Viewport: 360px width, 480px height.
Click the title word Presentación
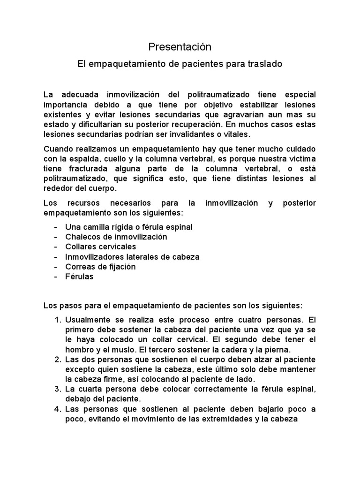[180, 47]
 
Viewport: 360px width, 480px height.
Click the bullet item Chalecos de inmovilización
[116, 237]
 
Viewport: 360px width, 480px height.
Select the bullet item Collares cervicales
[101, 247]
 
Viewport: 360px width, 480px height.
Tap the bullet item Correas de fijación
[100, 267]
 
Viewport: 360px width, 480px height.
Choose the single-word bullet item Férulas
[79, 277]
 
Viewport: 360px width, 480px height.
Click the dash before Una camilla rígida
[56, 227]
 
